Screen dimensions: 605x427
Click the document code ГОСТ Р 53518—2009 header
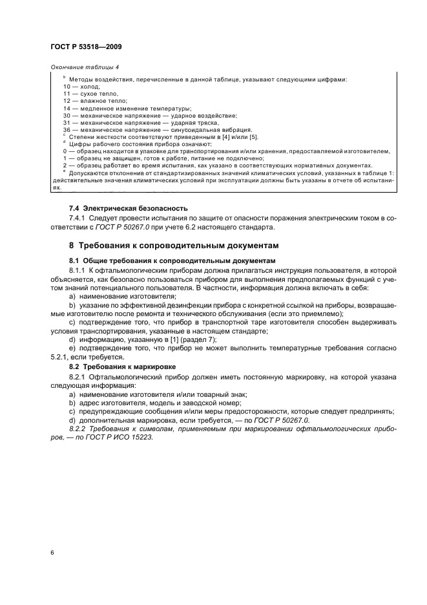click(85, 47)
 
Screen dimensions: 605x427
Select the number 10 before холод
click(67, 87)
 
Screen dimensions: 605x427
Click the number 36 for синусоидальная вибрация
click(67, 129)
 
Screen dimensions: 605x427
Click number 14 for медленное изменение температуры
click(67, 108)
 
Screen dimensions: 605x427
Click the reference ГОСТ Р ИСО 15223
click(121, 436)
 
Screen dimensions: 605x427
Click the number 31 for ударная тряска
click(67, 122)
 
